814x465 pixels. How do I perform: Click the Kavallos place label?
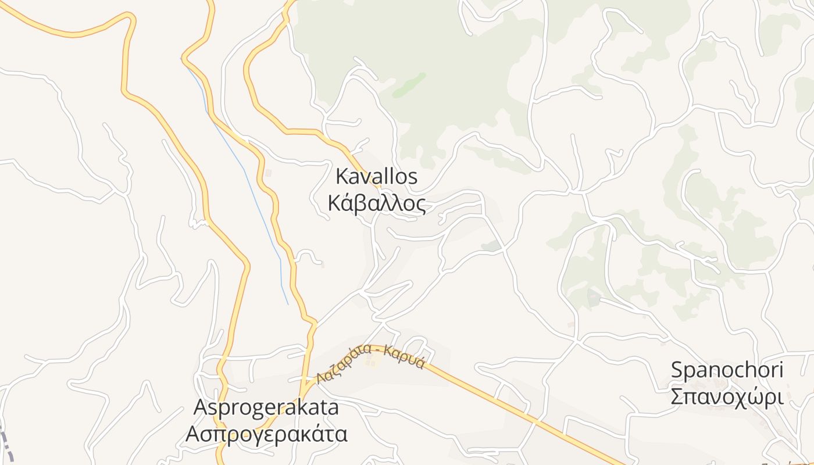(377, 177)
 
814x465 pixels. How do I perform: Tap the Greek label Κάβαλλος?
(377, 204)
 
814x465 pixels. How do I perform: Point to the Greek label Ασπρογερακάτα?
(266, 434)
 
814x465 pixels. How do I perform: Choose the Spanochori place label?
(727, 370)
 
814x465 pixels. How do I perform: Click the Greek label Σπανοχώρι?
(727, 398)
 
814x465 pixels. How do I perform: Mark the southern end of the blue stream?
(287, 303)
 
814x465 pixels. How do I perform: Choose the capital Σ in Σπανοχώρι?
(677, 398)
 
